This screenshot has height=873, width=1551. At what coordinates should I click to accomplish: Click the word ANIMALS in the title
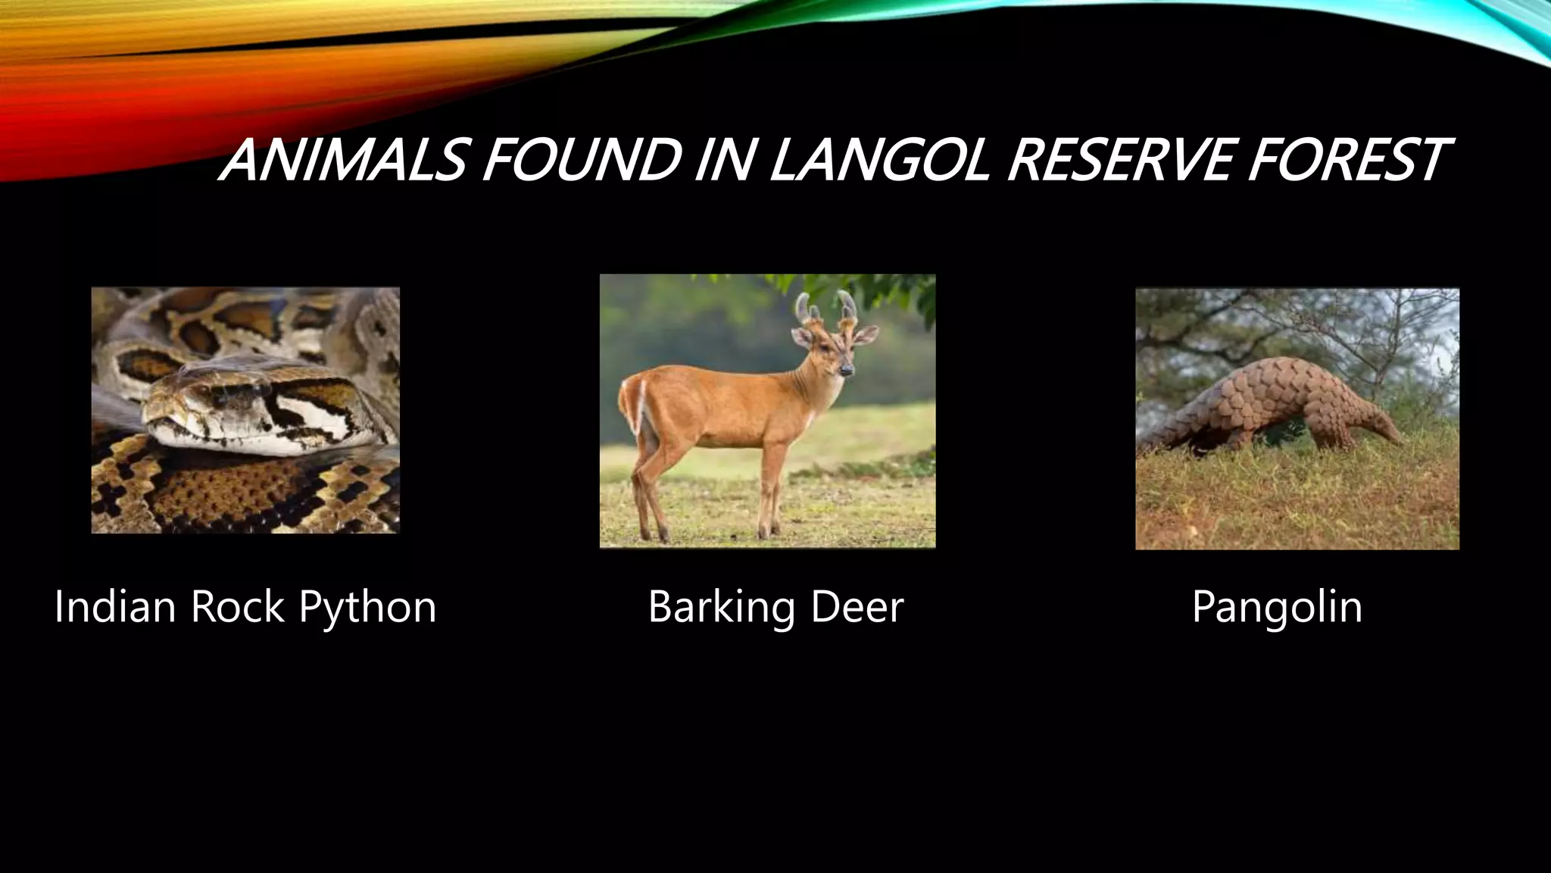[x=341, y=161]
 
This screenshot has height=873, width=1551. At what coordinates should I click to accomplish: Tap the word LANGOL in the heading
[x=878, y=161]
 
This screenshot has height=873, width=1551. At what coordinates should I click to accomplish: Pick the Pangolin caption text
[x=1277, y=607]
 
